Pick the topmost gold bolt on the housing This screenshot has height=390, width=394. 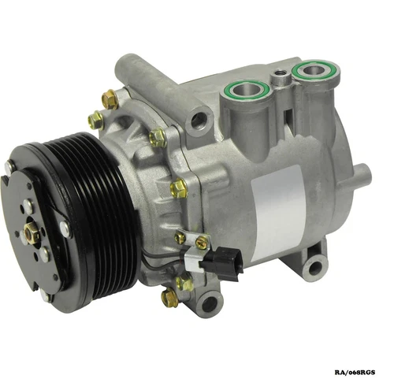(x=110, y=99)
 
